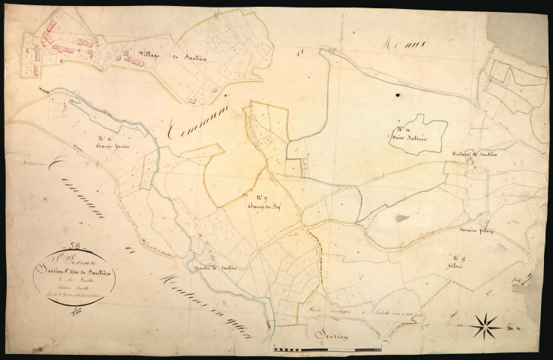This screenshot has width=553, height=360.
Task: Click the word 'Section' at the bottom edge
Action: tap(330, 335)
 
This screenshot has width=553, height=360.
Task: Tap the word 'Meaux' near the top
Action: tap(401, 46)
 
